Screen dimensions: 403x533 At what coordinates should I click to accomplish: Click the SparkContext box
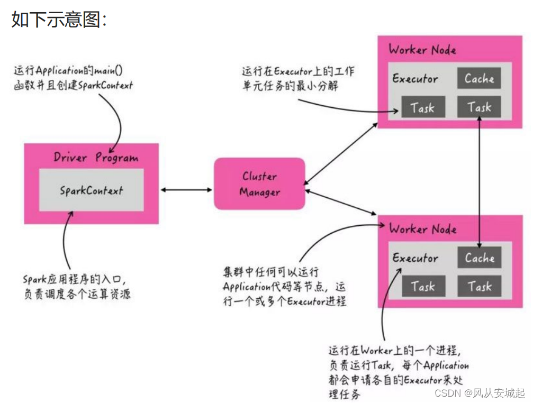91,190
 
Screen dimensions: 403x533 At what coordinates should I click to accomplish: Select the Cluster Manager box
259,184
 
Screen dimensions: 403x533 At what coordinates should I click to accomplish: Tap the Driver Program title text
96,158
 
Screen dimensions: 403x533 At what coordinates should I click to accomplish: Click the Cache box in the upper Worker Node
479,79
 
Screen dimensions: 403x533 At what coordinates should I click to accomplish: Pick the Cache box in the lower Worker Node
479,258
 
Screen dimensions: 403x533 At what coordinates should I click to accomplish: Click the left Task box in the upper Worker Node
422,108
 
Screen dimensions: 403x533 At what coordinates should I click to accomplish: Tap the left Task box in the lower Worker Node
422,287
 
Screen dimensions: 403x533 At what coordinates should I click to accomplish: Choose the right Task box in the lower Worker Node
479,287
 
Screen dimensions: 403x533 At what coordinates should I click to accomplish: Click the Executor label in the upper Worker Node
415,79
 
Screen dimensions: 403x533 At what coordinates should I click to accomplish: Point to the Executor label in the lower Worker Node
415,258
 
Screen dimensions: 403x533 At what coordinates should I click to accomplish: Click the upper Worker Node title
422,50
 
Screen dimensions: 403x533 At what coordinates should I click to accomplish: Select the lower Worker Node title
422,229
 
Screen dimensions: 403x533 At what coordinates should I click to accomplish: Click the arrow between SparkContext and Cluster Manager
186,189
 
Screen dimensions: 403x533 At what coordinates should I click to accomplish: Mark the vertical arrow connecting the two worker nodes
479,180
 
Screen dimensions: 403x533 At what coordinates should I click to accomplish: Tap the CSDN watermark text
479,393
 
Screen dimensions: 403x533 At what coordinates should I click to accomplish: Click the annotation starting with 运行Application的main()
74,77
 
